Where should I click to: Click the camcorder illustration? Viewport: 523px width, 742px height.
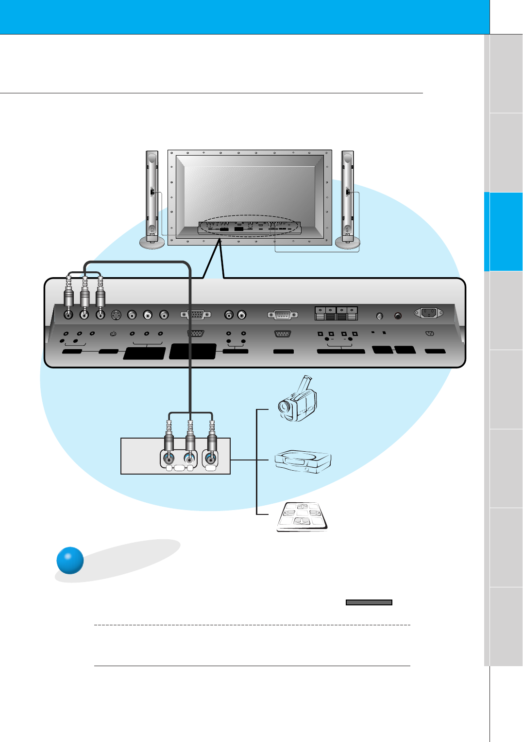point(297,399)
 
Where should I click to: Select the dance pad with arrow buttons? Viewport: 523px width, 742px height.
point(302,517)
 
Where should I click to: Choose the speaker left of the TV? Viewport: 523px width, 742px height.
point(152,199)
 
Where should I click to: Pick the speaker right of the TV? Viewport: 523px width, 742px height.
point(347,199)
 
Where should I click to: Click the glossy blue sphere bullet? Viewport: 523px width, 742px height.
point(70,560)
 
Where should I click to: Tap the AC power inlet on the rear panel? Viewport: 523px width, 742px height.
point(428,313)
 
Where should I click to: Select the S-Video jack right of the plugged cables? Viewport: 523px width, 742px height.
point(116,315)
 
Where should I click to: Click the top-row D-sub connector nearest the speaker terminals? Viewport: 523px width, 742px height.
point(283,315)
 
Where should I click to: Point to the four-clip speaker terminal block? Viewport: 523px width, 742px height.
point(336,313)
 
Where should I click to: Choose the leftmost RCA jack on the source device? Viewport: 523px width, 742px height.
point(169,458)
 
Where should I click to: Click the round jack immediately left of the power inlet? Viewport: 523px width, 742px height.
point(398,316)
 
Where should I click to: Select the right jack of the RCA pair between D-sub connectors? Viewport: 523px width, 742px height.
point(242,315)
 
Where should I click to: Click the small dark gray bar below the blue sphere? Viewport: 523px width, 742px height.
point(369,602)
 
